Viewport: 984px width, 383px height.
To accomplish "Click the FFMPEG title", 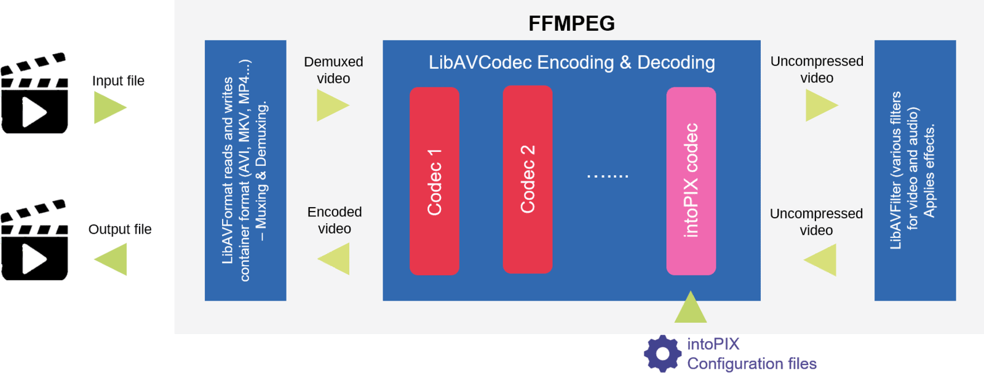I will [x=571, y=23].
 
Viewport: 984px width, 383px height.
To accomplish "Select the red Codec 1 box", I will [x=434, y=181].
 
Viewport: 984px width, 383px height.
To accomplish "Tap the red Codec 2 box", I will [x=527, y=179].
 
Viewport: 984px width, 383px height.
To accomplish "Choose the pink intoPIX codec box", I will [x=691, y=181].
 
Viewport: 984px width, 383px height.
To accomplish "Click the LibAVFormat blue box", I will [x=245, y=170].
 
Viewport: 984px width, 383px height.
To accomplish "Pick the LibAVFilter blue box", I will [x=915, y=170].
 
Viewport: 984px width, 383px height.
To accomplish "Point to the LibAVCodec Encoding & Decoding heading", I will [x=571, y=62].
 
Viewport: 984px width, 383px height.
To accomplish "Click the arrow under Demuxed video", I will [x=331, y=105].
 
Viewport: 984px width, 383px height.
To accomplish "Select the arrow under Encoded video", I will [x=335, y=258].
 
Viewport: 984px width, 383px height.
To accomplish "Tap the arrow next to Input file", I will [x=109, y=108].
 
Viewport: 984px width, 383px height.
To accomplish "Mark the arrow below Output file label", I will [x=112, y=259].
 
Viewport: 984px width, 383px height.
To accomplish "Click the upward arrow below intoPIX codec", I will [x=690, y=308].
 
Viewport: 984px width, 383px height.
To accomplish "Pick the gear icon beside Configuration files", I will [x=662, y=353].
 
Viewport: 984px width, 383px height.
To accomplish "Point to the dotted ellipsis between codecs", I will [x=608, y=176].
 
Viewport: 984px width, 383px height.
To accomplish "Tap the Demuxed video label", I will [x=333, y=70].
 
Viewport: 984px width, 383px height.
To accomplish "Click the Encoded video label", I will [x=335, y=220].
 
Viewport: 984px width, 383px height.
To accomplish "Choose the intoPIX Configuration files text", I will [x=751, y=354].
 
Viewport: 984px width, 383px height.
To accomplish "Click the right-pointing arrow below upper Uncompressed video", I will [x=820, y=105].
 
